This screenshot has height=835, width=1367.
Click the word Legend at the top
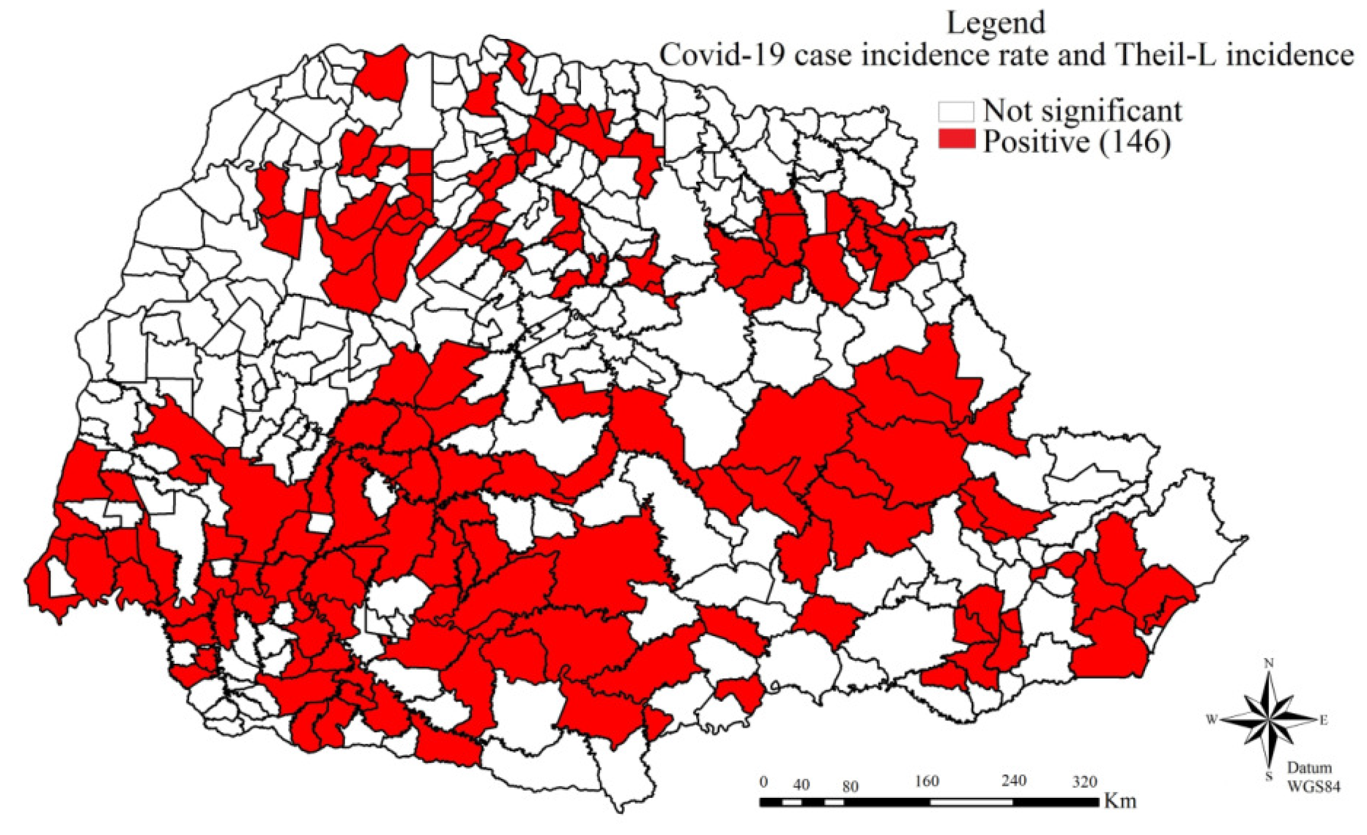(996, 24)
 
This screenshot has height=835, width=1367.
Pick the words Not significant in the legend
(1082, 111)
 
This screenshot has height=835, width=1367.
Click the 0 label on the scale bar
(764, 782)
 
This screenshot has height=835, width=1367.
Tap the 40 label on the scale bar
(801, 785)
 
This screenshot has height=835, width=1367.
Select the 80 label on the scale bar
(850, 786)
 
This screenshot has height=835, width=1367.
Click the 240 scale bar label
(1013, 781)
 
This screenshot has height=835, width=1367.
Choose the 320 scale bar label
(1085, 782)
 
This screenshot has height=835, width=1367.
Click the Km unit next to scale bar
(1120, 801)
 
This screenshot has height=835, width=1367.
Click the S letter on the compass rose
(1268, 777)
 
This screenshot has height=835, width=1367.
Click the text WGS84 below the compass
(1313, 787)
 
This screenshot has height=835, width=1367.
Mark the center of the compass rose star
(1268, 721)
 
